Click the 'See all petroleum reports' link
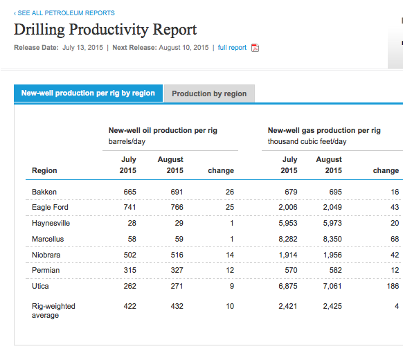pos(64,13)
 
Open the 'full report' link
pos(232,48)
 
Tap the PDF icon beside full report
pos(255,48)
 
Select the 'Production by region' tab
pos(209,93)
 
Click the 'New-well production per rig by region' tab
pos(88,93)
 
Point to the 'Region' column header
pos(44,170)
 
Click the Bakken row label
pos(44,192)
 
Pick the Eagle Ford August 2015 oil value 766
pos(177,207)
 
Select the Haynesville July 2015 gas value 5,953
pos(288,223)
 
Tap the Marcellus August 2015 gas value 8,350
pos(332,239)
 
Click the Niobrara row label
pos(46,255)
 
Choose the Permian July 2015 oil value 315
pos(129,270)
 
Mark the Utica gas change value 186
pos(393,286)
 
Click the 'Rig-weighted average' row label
pos(53,310)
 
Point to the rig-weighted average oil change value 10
pos(230,306)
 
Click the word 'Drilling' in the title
pos(39,30)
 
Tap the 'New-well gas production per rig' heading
pos(324,130)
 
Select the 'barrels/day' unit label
pos(127,141)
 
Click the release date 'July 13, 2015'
pos(82,48)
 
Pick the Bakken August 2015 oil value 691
pos(177,192)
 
